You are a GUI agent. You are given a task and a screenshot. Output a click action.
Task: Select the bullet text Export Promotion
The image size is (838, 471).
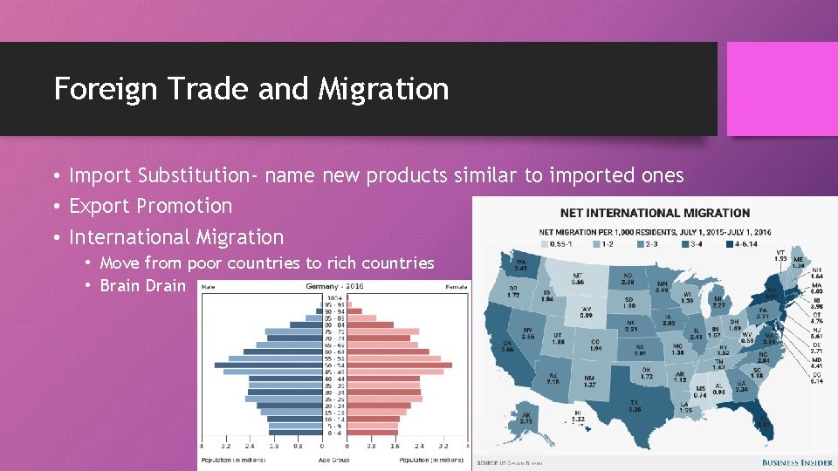[x=150, y=206]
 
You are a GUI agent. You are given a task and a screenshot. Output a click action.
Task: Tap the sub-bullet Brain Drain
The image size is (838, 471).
[x=142, y=285]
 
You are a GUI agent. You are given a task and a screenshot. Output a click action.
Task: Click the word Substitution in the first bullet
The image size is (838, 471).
[x=191, y=175]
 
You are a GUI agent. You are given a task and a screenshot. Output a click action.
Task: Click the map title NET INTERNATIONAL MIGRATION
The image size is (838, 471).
[x=655, y=213]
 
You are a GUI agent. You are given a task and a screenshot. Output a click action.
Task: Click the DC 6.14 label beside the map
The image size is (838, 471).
[x=816, y=377]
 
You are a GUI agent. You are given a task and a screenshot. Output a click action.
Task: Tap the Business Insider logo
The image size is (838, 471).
[x=797, y=462]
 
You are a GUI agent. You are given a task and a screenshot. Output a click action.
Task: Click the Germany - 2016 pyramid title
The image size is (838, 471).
[x=334, y=286]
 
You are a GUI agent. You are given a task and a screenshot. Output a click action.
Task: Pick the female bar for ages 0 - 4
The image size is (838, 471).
[x=374, y=433]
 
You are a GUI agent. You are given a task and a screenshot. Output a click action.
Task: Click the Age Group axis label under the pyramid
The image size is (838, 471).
[x=333, y=459]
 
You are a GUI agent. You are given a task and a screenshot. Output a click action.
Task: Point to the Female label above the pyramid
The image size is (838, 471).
[x=456, y=286]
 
